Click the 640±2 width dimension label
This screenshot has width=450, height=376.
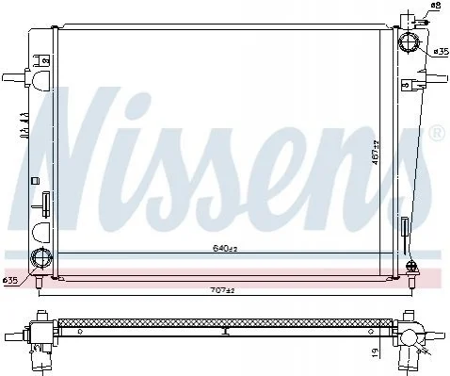click(x=225, y=249)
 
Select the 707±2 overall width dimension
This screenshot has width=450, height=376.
click(x=222, y=290)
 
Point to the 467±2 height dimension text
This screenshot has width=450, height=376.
click(x=376, y=153)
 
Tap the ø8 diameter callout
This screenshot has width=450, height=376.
click(x=436, y=6)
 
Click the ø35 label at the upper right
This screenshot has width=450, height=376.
click(x=442, y=51)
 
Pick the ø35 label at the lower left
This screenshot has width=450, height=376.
click(x=9, y=281)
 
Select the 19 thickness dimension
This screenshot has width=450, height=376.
click(x=377, y=351)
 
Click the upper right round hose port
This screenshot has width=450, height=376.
click(x=409, y=42)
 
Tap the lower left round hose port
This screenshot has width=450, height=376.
click(x=40, y=257)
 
